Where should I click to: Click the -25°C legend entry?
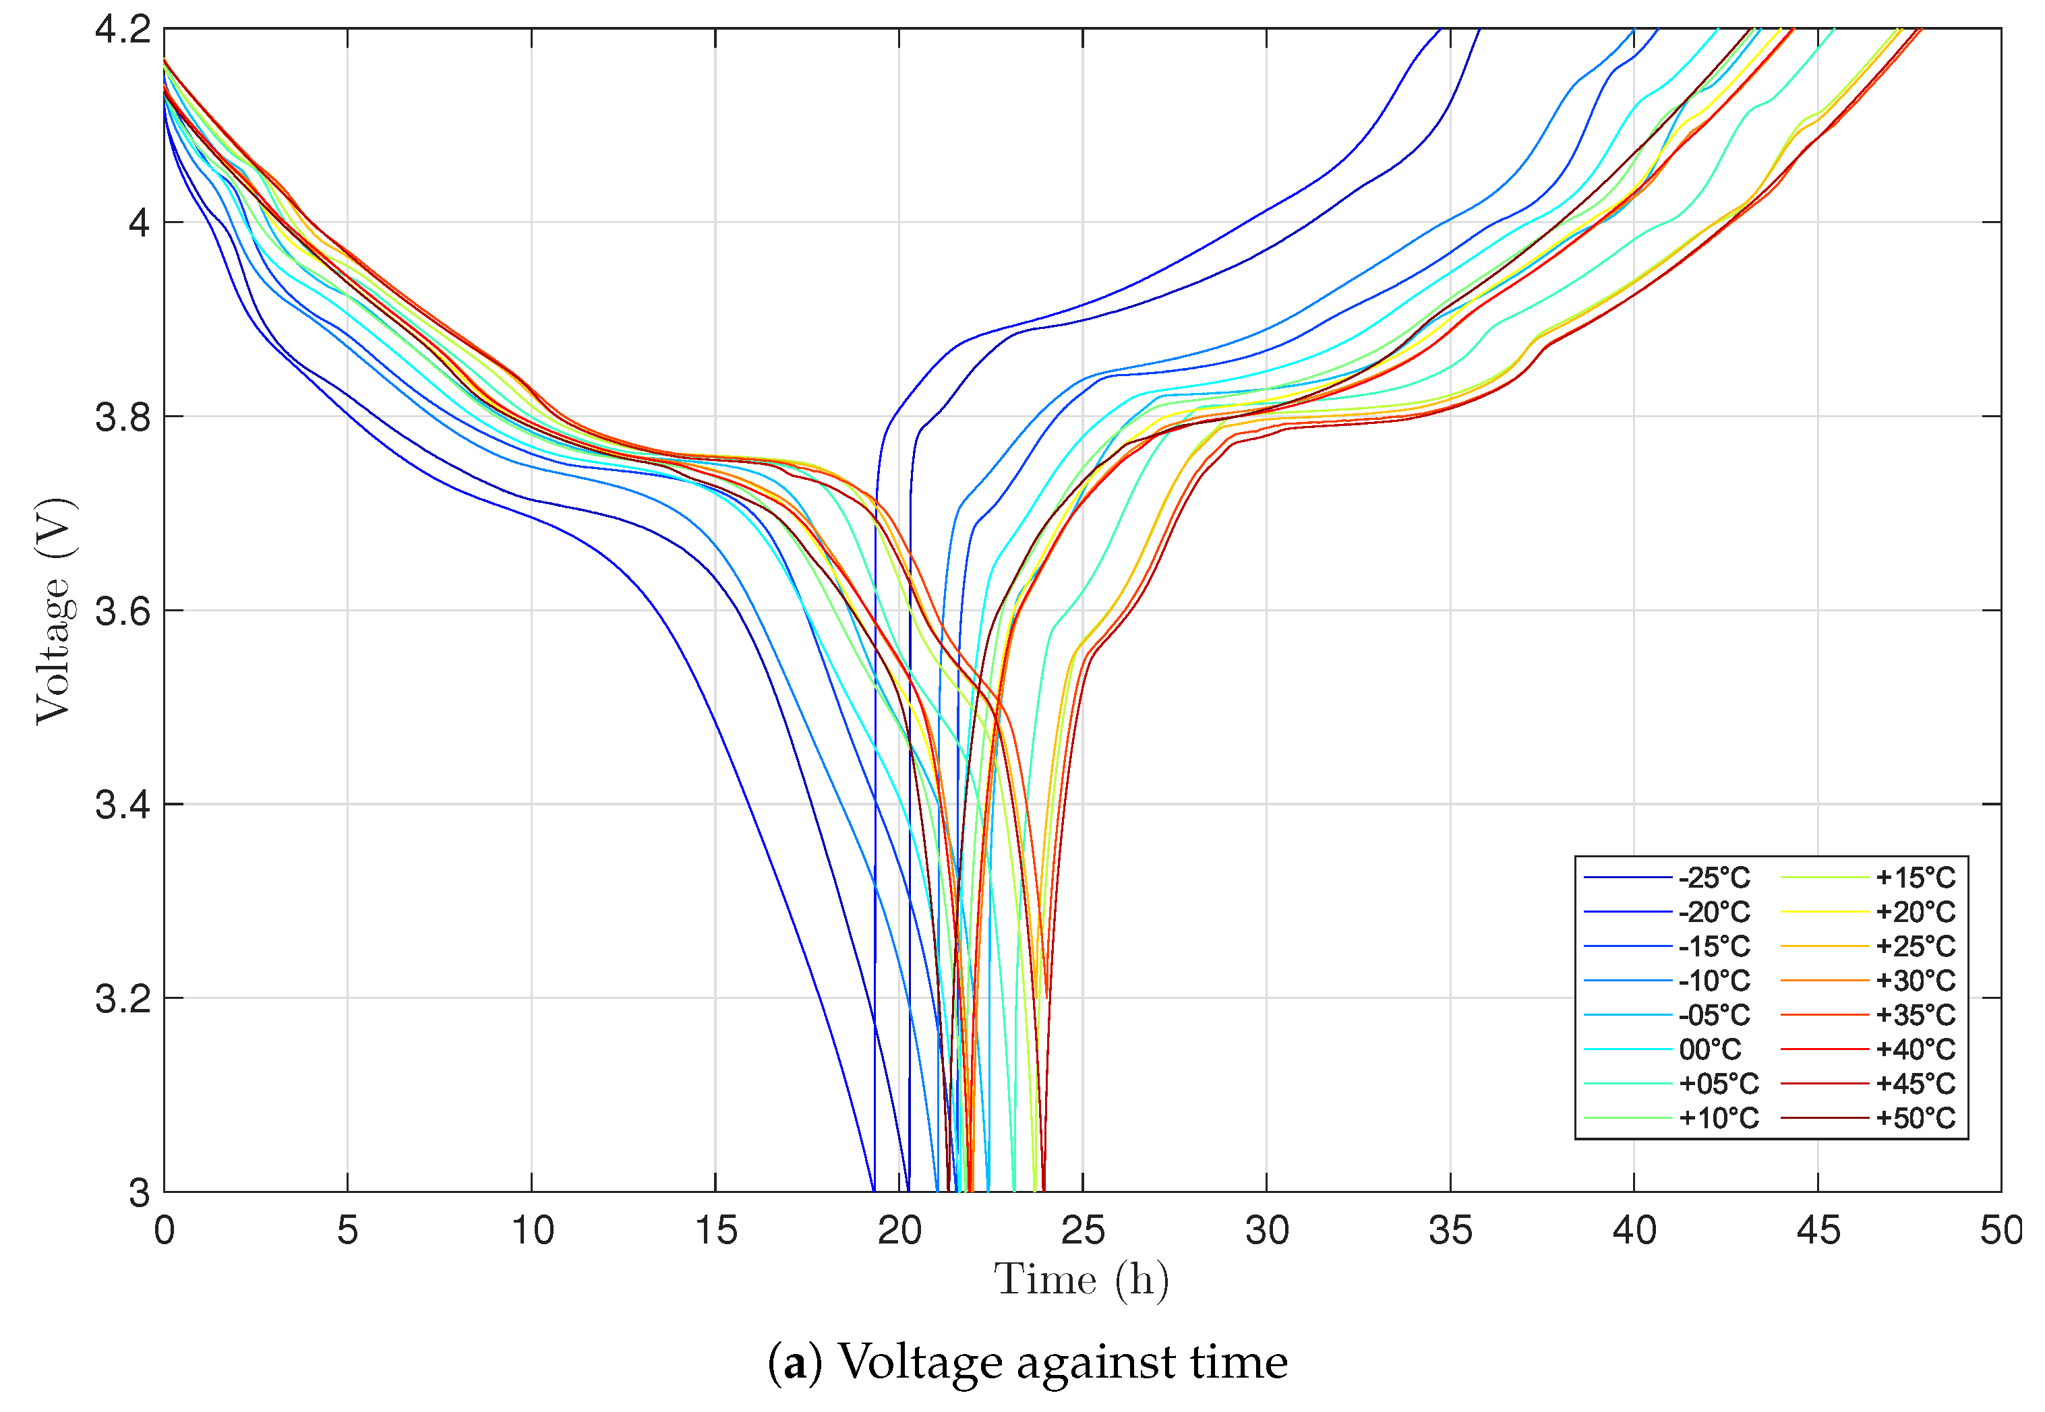tap(1713, 878)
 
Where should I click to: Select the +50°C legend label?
tap(1915, 1118)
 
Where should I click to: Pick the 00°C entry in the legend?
tap(1710, 1049)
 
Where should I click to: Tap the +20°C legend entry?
tap(1915, 912)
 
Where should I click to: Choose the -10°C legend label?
tap(1713, 980)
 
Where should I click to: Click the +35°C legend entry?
tap(1915, 1015)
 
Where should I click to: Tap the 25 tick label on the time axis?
tap(1082, 1231)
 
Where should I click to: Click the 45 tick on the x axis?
tap(1818, 1231)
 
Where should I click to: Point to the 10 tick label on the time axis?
tap(532, 1231)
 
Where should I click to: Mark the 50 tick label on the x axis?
tap(2000, 1231)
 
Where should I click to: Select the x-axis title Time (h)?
tap(1081, 1280)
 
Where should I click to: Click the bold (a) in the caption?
tap(794, 1361)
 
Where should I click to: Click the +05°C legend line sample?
tap(1628, 1084)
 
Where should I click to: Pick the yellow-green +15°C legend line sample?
tap(1824, 878)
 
